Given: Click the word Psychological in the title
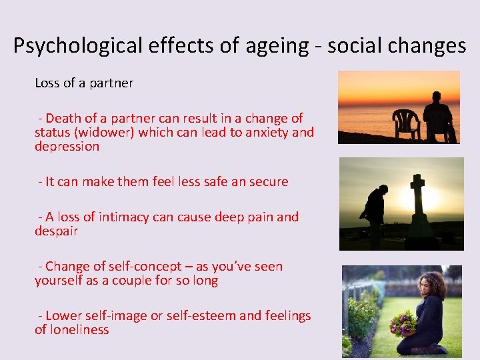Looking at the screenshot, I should (76, 46).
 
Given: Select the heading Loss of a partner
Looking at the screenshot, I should (84, 83).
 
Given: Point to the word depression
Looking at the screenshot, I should (67, 147).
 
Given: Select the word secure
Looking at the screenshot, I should (267, 181).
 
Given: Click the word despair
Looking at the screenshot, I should (57, 231).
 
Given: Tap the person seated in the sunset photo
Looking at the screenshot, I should (439, 118).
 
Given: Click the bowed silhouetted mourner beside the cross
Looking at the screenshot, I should (375, 210).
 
